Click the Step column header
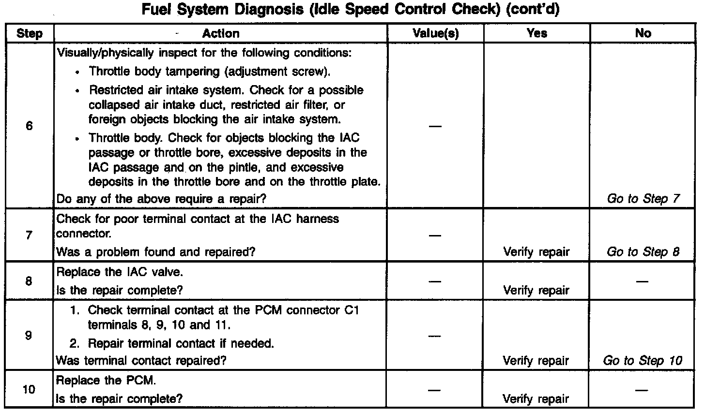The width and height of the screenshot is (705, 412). coord(29,33)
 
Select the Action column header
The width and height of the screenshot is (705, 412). coord(221,33)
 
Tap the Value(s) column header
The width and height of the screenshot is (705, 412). coord(435,33)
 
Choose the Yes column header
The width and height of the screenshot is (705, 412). coord(536,33)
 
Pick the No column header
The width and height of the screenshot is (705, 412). coord(643,33)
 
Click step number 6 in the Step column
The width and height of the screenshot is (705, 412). coord(29,127)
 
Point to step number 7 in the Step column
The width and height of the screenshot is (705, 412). coord(29,235)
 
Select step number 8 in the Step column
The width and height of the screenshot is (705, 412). coord(29,281)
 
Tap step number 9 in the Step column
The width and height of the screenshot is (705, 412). coord(29,335)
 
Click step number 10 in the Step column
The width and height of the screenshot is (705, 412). coord(29,389)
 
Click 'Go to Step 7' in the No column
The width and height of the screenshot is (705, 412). coord(643,199)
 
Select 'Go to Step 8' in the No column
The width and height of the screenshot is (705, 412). coord(643,252)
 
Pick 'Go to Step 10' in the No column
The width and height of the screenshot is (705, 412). coord(643,361)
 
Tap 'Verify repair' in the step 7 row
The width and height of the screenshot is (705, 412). coord(536,252)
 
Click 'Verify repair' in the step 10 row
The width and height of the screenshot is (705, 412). coord(536,399)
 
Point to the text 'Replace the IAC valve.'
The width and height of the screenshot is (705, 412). coord(120,272)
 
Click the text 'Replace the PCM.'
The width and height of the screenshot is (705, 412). coord(107,381)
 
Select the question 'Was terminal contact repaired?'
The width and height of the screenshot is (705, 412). coord(141,361)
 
